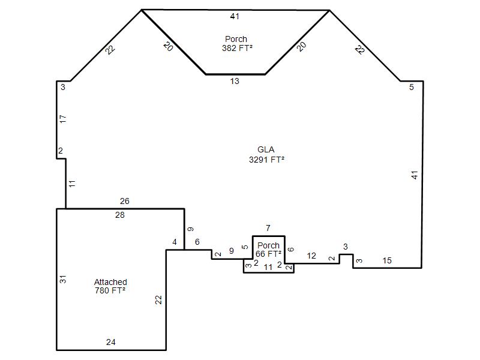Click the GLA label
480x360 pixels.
(266, 149)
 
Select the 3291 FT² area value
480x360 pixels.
(266, 160)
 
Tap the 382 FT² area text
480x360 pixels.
(237, 48)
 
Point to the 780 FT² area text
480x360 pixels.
(110, 290)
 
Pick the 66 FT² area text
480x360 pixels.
(268, 254)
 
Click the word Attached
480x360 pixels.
(110, 282)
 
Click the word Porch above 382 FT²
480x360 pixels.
(236, 39)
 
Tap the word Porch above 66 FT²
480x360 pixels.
(268, 245)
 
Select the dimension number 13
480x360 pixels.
(235, 81)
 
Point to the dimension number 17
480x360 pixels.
(63, 119)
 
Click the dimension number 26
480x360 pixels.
(125, 201)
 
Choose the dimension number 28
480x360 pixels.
(119, 215)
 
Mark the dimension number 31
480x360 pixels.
(63, 279)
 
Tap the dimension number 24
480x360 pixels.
(111, 342)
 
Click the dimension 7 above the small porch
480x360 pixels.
(268, 228)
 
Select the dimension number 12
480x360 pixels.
(311, 256)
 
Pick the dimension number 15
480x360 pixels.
(387, 260)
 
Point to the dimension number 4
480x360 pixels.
(175, 242)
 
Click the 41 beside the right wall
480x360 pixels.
(414, 175)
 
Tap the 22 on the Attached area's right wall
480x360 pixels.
(158, 299)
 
